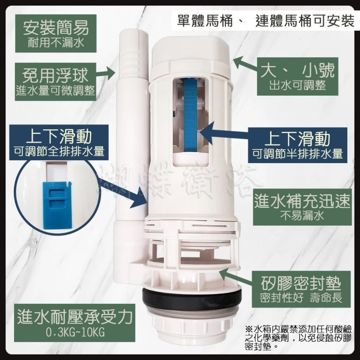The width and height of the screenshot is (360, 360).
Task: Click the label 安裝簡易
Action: pyautogui.click(x=55, y=28)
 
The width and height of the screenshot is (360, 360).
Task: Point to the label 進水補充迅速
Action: pyautogui.click(x=302, y=202)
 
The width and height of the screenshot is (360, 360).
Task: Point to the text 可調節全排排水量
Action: pyautogui.click(x=59, y=151)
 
